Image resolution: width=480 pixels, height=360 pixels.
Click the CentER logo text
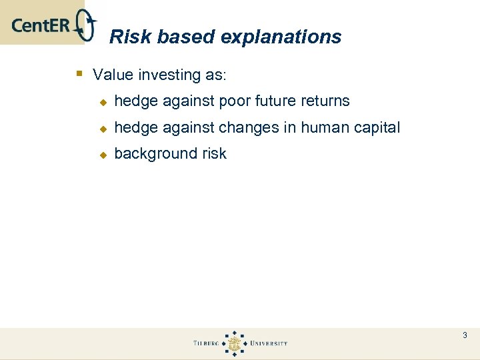click(x=41, y=26)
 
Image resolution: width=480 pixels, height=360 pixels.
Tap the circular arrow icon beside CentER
click(x=87, y=26)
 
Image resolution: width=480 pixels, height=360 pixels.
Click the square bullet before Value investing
click(x=79, y=73)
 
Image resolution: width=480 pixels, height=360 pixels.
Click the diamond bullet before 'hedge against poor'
click(x=103, y=102)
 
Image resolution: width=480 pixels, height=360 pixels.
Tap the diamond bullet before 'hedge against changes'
click(x=103, y=128)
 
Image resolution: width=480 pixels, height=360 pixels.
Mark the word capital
click(x=377, y=128)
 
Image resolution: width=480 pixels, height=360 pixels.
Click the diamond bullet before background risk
click(x=103, y=154)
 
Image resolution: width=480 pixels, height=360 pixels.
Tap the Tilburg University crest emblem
click(x=233, y=343)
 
